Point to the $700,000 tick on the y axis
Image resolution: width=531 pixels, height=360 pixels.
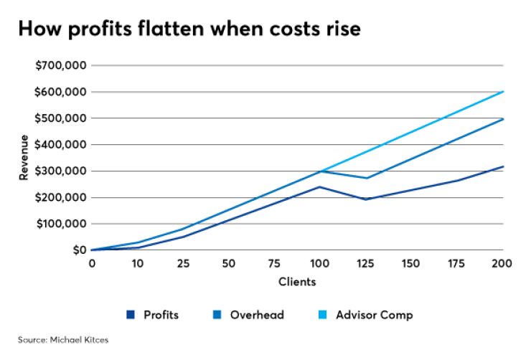point(60,65)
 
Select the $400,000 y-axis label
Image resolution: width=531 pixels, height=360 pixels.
point(60,144)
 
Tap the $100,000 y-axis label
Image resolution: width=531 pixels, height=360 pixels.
point(60,224)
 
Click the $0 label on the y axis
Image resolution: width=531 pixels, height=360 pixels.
point(77,250)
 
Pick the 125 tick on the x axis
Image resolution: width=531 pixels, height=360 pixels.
point(366,264)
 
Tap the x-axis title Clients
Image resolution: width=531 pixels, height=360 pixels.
point(297,282)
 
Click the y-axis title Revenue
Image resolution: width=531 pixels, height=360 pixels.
point(24,158)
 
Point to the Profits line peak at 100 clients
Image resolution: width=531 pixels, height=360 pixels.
point(319,186)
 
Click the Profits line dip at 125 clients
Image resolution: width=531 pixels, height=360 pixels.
point(366,199)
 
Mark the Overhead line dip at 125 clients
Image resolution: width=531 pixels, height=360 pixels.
point(366,178)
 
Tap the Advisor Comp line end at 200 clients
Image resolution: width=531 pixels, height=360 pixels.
point(502,92)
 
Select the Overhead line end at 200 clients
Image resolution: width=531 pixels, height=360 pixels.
point(502,119)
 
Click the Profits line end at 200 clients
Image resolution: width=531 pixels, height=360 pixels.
point(502,166)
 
